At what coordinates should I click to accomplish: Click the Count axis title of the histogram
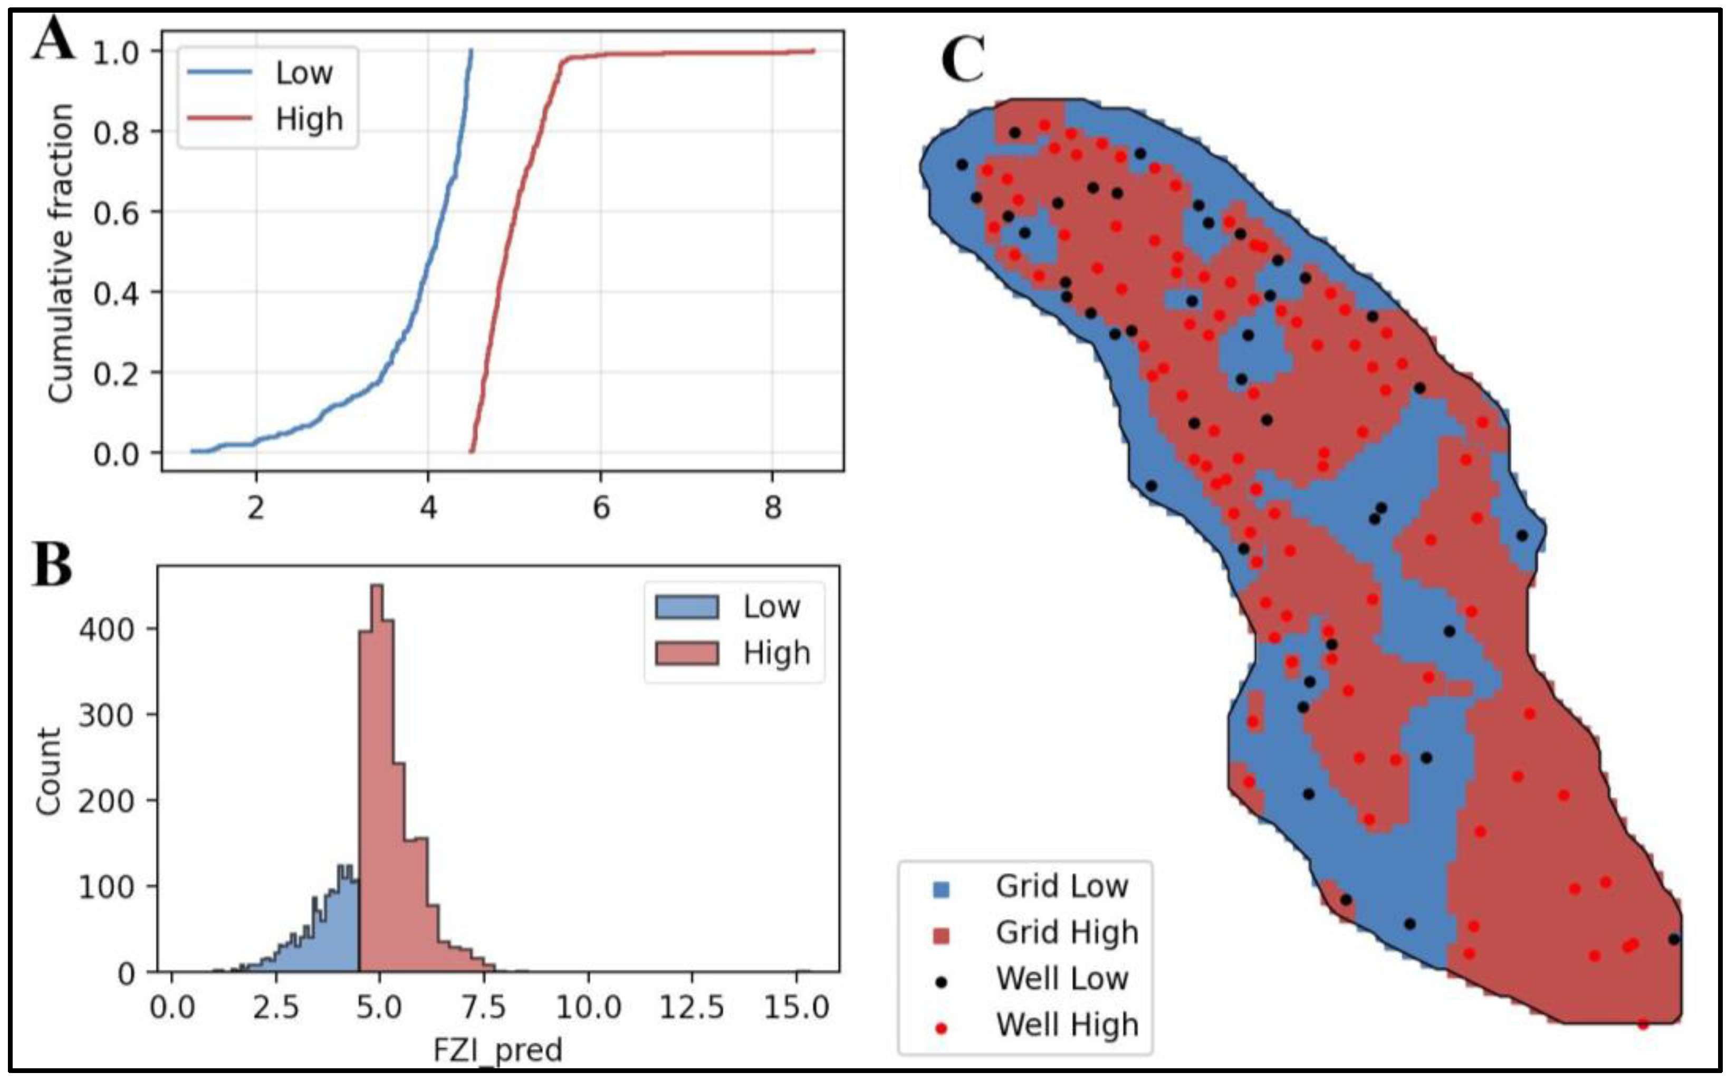click(x=49, y=771)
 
